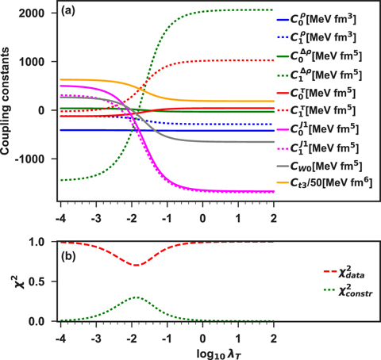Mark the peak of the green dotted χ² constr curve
coord(137,297)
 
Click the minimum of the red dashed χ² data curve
coord(137,265)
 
